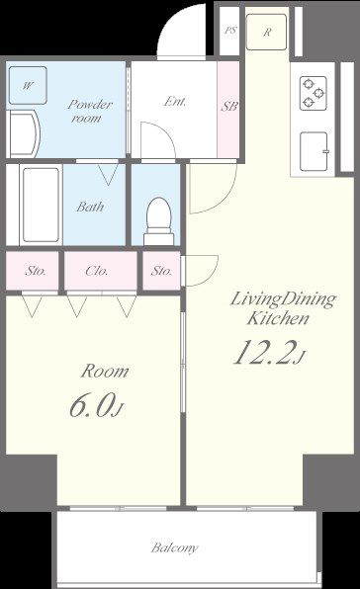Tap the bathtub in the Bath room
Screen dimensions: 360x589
coord(41,205)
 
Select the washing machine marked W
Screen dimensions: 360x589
coord(28,85)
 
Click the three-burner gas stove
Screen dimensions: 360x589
coord(314,93)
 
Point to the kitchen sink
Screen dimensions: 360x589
coord(315,151)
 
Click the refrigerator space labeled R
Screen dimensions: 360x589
coord(267,32)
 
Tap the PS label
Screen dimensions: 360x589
coord(230,30)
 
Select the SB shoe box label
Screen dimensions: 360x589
coord(228,107)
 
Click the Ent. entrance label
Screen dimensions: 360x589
coord(175,102)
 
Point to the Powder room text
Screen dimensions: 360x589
coord(89,112)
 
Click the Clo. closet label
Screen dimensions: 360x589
coord(97,271)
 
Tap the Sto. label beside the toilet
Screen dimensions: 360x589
coord(161,271)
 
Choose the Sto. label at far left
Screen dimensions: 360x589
coord(36,271)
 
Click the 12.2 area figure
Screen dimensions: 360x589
coord(263,353)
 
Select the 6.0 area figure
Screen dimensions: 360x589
coord(91,406)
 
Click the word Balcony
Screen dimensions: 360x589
coord(174,548)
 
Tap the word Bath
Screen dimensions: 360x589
coord(90,207)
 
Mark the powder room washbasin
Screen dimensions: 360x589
coord(23,133)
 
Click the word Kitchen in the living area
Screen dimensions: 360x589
coord(278,319)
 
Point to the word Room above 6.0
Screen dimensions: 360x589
coord(105,372)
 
